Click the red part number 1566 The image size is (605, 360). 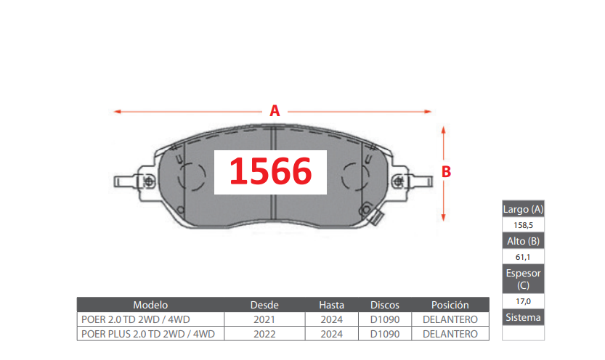(x=270, y=171)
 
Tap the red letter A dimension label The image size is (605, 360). (x=275, y=111)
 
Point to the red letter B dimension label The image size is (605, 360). (x=446, y=172)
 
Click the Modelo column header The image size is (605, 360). (x=150, y=305)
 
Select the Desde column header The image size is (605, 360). (x=264, y=305)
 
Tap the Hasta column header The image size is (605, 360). (x=331, y=305)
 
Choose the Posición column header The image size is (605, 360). (x=450, y=305)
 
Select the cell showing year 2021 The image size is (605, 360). (x=264, y=319)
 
